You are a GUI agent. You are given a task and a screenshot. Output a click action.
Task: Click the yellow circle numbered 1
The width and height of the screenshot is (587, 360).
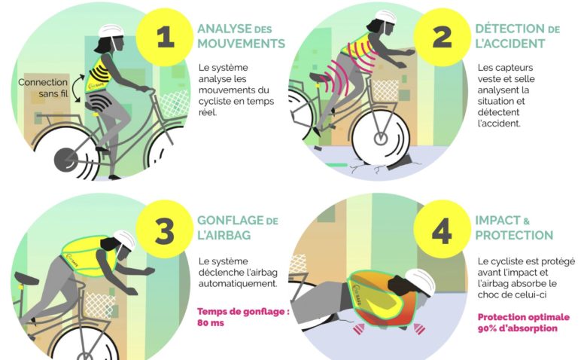pos(165,38)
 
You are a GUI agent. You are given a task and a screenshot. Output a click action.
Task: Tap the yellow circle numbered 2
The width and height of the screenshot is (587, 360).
pos(442,38)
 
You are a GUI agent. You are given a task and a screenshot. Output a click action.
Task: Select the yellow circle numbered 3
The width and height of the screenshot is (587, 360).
pos(165,229)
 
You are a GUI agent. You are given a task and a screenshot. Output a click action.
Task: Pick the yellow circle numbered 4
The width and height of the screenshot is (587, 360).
pos(442,229)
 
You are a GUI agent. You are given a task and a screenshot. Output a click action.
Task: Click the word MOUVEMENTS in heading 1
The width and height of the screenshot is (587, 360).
pos(241,44)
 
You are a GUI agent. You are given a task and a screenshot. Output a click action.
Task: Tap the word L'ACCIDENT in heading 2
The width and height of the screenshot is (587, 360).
pos(510,44)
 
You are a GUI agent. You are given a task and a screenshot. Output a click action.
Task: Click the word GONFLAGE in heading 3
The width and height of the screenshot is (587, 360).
pos(230,220)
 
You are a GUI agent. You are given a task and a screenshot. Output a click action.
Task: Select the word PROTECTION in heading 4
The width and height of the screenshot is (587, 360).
pos(514,235)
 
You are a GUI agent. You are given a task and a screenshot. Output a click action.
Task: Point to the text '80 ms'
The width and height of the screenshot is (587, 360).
pos(211,323)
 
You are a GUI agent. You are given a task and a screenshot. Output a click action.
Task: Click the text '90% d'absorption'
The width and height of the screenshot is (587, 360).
pos(517,328)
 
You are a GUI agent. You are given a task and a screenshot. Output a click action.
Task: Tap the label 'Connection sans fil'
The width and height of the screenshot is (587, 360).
pos(43,87)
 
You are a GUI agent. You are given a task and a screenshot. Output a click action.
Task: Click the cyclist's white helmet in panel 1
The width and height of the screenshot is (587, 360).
pos(111,31)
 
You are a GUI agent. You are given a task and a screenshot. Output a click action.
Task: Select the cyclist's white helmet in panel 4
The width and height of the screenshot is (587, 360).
pos(421,282)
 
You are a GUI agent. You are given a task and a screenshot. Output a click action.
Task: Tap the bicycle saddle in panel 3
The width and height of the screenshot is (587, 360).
pos(26,279)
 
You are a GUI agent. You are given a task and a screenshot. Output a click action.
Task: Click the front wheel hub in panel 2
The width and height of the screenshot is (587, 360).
pos(381,139)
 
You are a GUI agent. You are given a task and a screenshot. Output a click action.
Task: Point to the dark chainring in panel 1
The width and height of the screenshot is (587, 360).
pos(66,160)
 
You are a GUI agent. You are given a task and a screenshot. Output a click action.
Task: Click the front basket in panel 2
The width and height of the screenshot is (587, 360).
pos(385,90)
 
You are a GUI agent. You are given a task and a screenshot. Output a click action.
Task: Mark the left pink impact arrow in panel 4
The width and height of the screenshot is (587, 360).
pos(359,329)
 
